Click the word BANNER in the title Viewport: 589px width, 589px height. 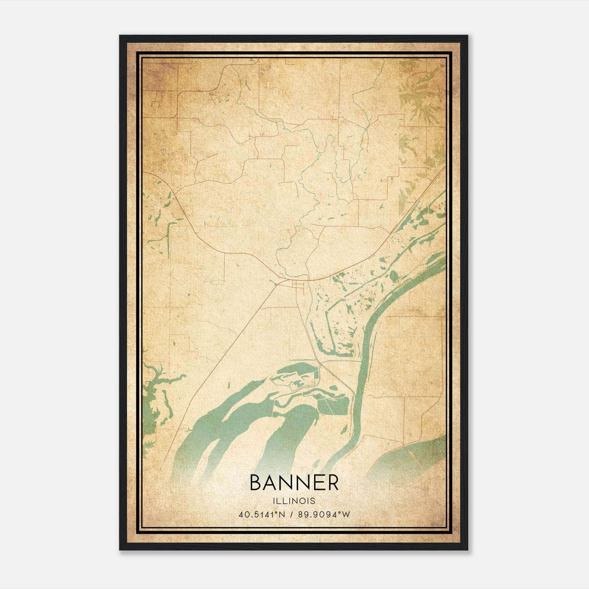click(294, 483)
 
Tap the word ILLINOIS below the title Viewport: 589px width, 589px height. click(294, 501)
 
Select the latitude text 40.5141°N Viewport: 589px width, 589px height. click(262, 515)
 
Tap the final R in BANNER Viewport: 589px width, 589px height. click(332, 483)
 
